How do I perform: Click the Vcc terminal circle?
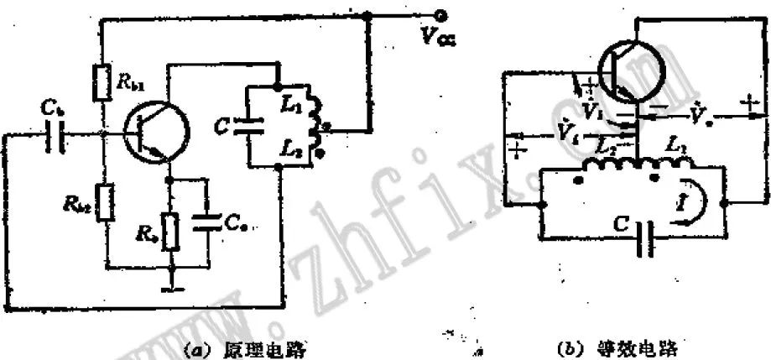tap(438, 14)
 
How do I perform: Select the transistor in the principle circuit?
tap(152, 133)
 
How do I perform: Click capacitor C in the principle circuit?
tap(249, 127)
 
